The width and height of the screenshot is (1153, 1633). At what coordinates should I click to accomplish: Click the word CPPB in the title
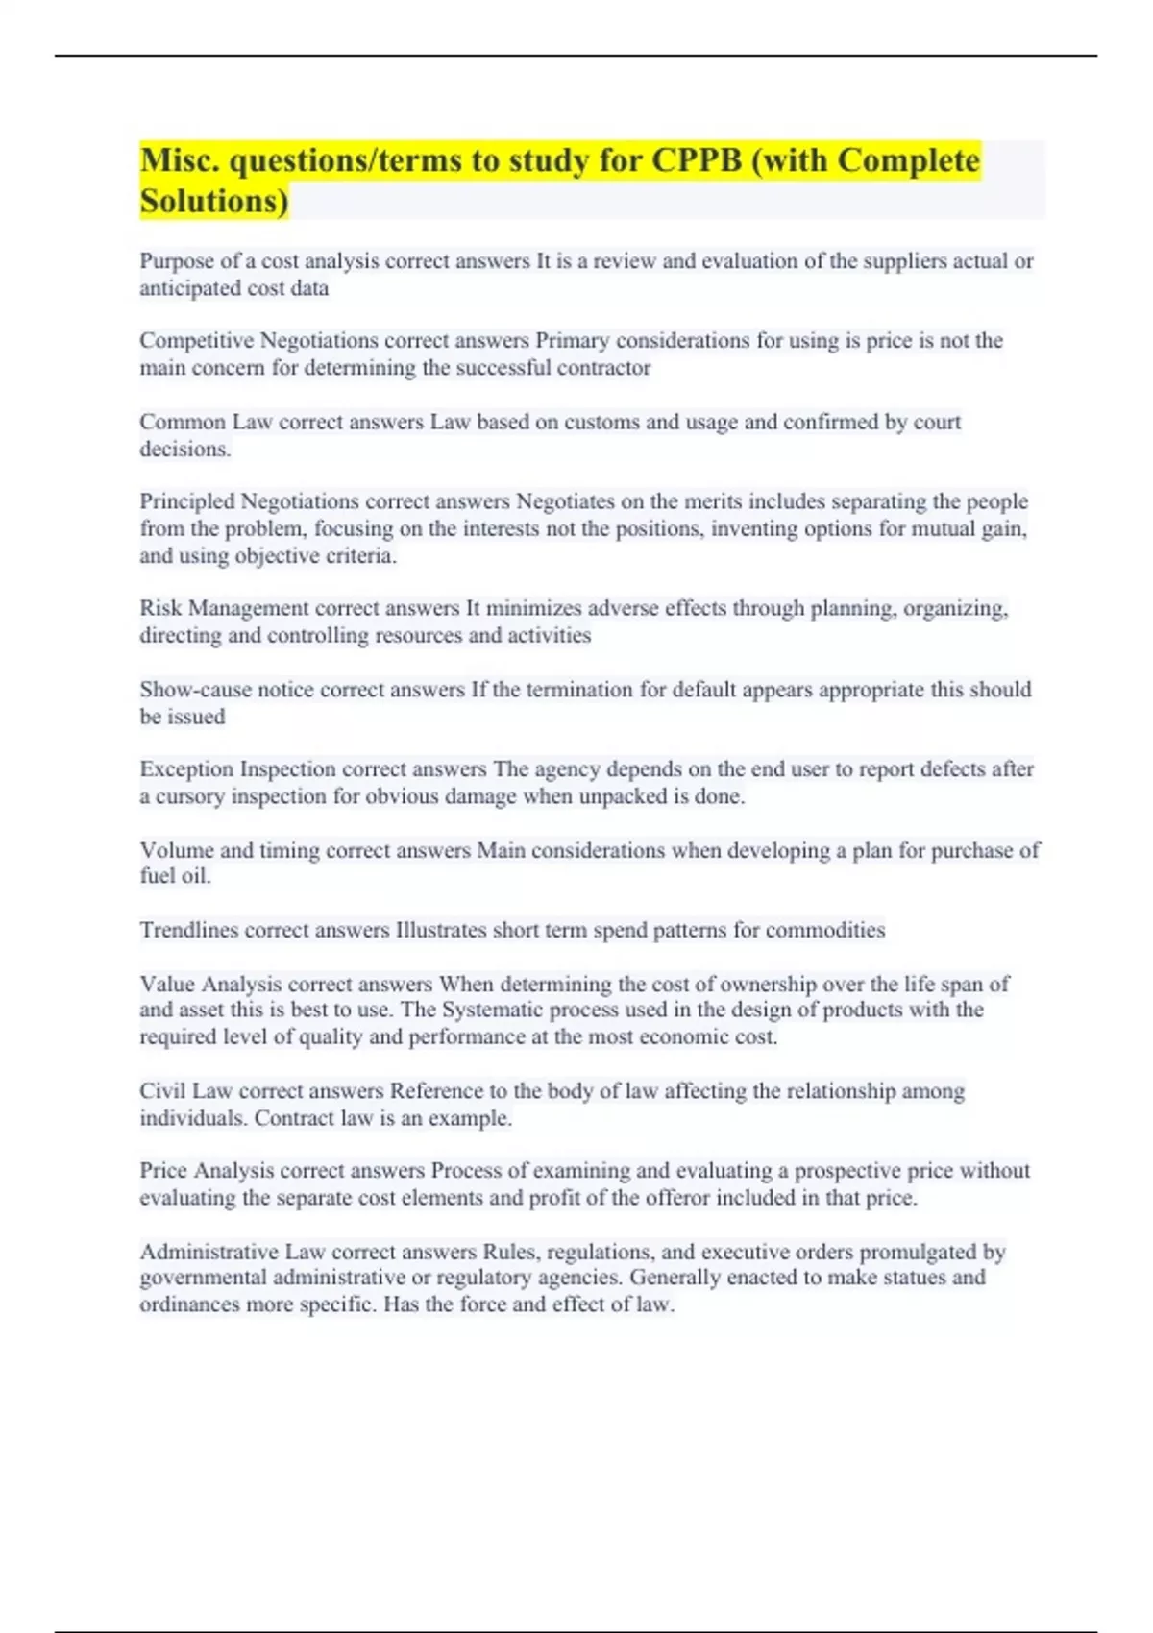coord(697,159)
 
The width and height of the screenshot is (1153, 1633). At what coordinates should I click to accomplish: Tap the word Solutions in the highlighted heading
coord(213,201)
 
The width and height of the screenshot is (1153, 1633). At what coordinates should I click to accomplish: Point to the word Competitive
coord(197,341)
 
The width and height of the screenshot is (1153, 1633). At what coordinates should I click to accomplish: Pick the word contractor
coord(604,368)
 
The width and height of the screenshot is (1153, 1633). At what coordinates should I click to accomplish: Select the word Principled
coord(187,501)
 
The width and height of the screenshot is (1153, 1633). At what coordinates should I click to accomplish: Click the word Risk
coord(160,608)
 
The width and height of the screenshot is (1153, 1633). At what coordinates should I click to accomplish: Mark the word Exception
coord(187,769)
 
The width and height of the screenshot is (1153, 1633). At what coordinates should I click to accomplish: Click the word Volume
coord(177,850)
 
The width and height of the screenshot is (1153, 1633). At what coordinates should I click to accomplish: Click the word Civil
coord(162,1091)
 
